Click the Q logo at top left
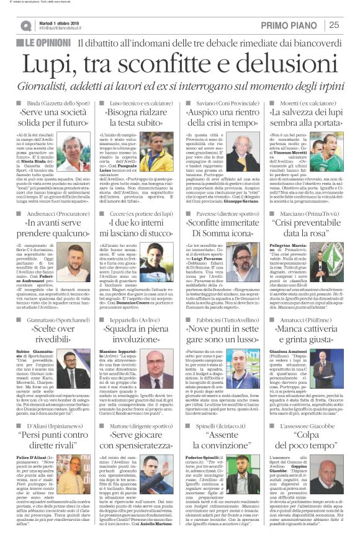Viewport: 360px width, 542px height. coord(25,25)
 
